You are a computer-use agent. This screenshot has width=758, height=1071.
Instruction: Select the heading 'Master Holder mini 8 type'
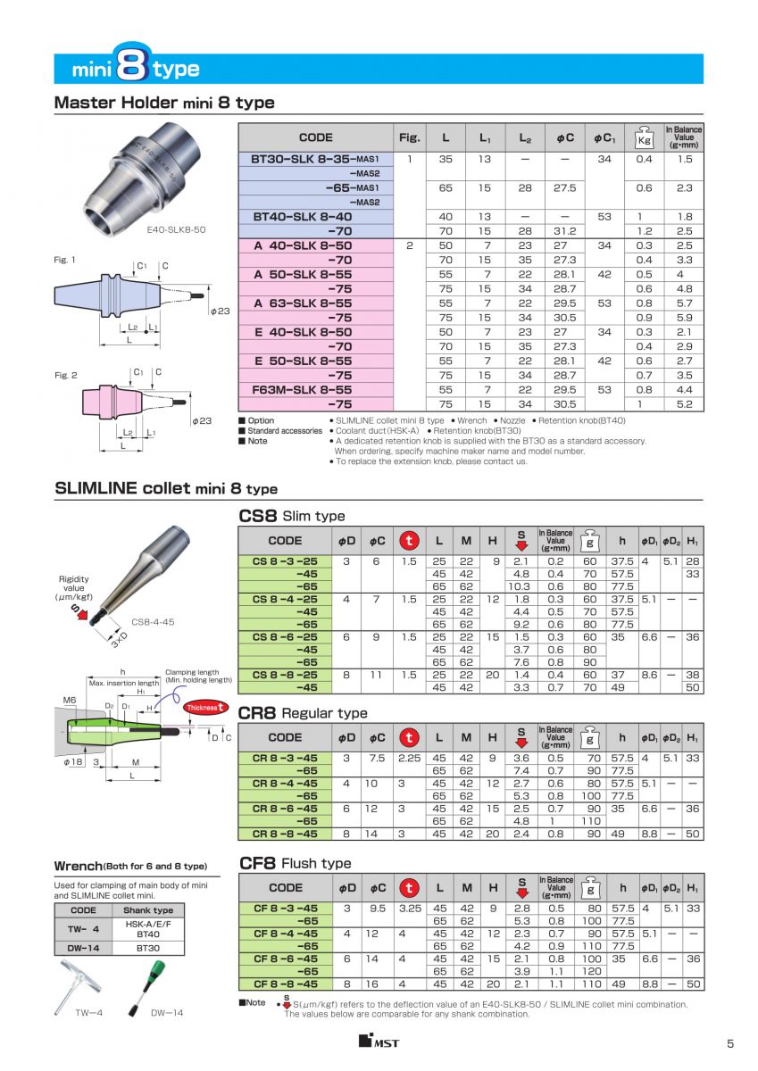164,103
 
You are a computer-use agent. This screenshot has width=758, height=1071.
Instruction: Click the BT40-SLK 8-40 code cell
303,216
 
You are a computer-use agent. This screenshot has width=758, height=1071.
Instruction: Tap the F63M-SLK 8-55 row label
303,390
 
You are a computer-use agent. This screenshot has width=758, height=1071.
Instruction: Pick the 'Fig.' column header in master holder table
409,137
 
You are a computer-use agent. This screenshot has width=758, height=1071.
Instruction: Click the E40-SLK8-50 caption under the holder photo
176,229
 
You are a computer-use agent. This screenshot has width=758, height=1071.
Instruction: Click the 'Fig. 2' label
65,375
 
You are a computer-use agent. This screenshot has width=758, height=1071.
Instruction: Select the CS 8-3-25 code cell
285,560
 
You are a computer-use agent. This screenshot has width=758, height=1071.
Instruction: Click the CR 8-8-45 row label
285,834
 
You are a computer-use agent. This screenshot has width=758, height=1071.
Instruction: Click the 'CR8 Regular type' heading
303,713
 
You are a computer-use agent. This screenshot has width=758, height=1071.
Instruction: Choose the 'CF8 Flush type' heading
296,863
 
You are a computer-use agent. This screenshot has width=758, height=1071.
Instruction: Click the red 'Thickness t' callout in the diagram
204,708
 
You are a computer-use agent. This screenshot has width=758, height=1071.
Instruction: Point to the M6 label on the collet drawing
70,701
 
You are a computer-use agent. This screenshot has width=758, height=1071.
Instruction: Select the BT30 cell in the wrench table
148,948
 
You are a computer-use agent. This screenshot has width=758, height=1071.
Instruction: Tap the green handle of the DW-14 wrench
152,975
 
